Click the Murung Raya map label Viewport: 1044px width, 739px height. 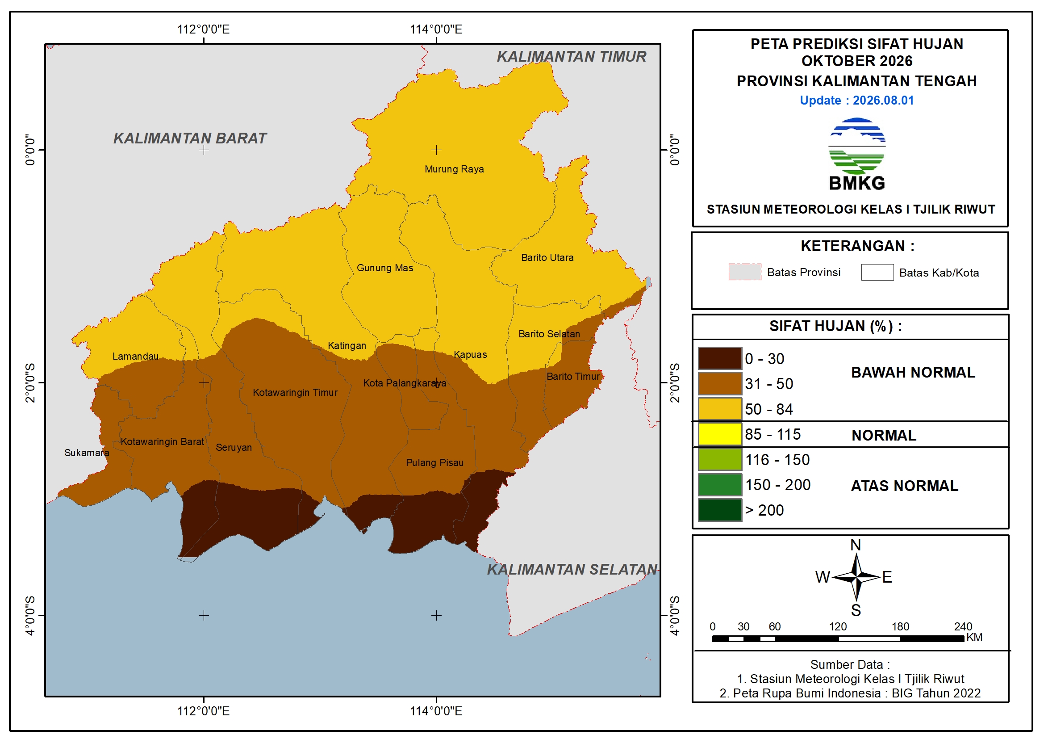click(454, 169)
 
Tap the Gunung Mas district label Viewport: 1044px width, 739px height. click(384, 268)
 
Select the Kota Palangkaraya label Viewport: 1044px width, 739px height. click(404, 384)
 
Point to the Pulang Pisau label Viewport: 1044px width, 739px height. click(434, 463)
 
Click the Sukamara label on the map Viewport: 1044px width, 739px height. click(86, 453)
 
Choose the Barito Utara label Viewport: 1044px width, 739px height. click(547, 257)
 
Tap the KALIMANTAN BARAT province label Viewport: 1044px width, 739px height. click(190, 139)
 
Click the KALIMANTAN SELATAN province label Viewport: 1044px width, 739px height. click(572, 569)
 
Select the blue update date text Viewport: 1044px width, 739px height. click(856, 101)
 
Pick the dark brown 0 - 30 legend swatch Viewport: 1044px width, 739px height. click(720, 359)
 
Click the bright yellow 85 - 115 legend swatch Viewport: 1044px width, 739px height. click(720, 434)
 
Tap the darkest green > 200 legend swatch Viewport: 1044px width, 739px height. click(720, 510)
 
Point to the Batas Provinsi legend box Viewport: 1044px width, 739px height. click(744, 272)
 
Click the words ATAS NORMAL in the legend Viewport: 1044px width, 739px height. click(904, 486)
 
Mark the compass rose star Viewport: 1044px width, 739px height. click(856, 577)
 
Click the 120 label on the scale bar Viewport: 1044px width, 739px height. click(838, 626)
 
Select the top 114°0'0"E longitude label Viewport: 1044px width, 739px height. click(436, 29)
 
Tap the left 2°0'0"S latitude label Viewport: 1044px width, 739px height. click(30, 383)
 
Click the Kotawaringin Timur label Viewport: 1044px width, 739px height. click(295, 393)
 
